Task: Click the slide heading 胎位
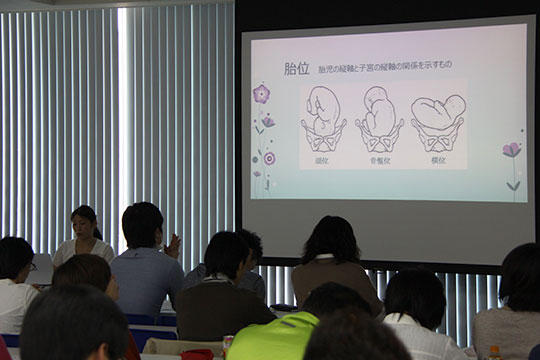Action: tap(296, 69)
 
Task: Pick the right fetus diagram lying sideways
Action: tap(438, 118)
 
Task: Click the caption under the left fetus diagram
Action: tap(322, 160)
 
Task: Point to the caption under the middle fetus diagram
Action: tap(380, 160)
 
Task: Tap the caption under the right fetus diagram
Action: tap(438, 160)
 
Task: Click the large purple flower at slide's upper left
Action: tap(261, 94)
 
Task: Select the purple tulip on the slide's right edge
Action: tap(512, 151)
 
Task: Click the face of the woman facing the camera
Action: tap(85, 225)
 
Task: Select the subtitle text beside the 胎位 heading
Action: tap(385, 68)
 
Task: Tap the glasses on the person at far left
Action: tap(31, 266)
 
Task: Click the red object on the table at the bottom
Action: tap(196, 354)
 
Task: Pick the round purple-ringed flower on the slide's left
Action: tap(269, 157)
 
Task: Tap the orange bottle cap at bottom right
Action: tap(494, 350)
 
